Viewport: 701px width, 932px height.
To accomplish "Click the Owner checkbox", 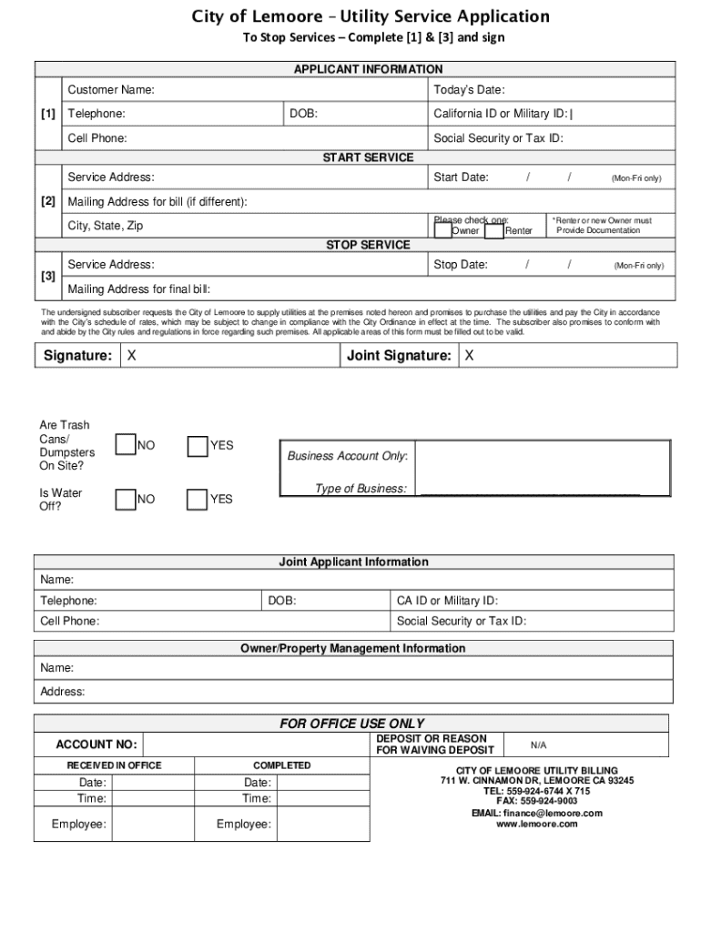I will tap(442, 230).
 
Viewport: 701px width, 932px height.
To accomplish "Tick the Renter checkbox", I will tap(494, 230).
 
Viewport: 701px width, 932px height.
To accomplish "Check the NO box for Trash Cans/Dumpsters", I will tap(126, 445).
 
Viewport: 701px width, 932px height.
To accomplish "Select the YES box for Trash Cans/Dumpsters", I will tap(198, 445).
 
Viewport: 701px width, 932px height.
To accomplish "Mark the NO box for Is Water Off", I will tap(126, 499).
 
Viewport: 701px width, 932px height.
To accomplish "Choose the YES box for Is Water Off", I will tap(198, 499).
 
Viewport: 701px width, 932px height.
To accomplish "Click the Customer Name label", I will tap(110, 90).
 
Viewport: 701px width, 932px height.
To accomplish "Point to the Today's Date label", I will tap(469, 90).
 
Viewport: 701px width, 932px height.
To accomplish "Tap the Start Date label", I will tap(461, 177).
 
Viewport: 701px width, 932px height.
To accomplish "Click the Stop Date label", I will tap(461, 265).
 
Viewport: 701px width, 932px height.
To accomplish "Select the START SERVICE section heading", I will tap(368, 157).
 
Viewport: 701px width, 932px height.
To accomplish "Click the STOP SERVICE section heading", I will tap(368, 245).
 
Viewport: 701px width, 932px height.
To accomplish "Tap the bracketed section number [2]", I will tap(48, 201).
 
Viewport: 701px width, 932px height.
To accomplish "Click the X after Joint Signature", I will tap(470, 356).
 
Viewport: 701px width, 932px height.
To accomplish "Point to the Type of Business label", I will tap(361, 489).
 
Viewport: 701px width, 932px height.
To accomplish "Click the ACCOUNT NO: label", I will tap(97, 745).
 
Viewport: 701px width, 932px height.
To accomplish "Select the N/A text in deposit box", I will tap(539, 745).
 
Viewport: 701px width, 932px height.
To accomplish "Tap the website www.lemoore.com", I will tap(536, 824).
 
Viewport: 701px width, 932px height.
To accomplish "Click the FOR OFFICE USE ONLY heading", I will tap(351, 724).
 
